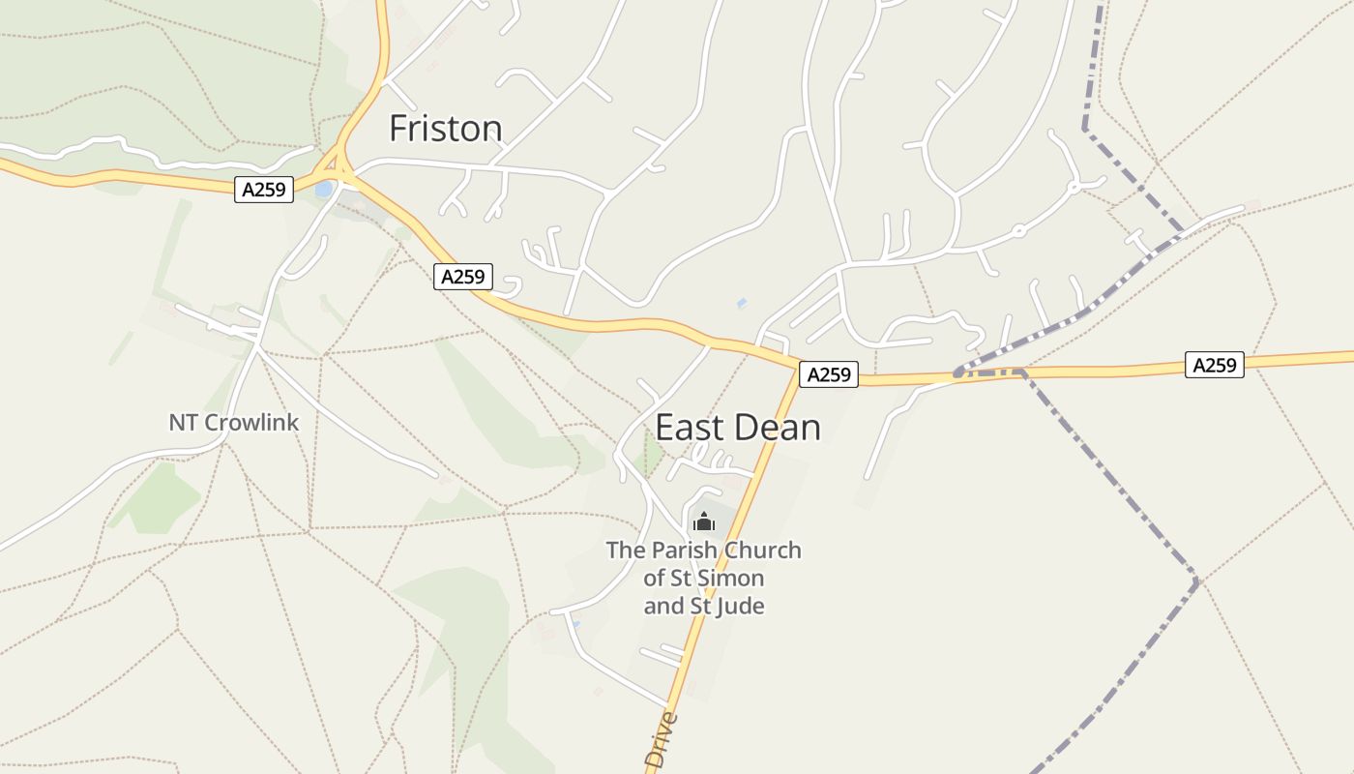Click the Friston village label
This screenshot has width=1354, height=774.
tap(445, 129)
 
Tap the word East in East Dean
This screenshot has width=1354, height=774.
tap(690, 428)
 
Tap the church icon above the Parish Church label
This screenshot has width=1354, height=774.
tap(704, 522)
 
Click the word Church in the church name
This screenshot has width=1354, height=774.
tap(763, 551)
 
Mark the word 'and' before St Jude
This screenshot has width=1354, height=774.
tap(663, 607)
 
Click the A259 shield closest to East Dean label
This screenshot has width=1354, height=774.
tap(829, 374)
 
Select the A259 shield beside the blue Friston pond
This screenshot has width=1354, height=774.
tap(264, 190)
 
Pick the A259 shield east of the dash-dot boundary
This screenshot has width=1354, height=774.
tap(1215, 365)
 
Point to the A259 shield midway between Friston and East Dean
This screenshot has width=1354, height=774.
tap(463, 277)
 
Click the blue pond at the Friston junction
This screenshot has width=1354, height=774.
tap(324, 189)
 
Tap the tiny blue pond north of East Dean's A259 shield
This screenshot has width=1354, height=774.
tap(742, 304)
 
